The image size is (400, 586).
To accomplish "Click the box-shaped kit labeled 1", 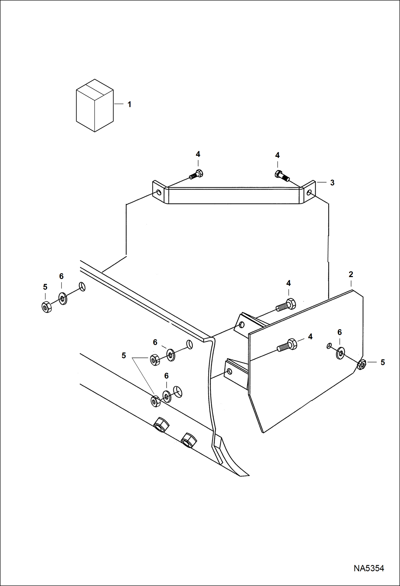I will click(95, 106).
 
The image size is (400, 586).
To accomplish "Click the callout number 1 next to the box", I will click(130, 104).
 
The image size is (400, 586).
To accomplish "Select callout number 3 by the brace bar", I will click(332, 183).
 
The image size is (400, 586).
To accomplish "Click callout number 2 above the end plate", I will click(351, 274).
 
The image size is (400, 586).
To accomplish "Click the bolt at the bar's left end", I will click(197, 174).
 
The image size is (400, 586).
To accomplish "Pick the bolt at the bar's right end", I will click(282, 176).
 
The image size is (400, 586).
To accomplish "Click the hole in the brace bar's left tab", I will click(159, 192).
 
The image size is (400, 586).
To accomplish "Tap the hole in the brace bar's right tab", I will click(309, 192).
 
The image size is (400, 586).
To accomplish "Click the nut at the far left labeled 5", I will click(47, 307).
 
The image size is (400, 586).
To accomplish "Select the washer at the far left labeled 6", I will click(63, 298).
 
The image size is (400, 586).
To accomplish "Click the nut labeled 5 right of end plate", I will click(362, 364).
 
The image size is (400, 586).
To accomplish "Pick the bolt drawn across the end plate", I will click(287, 345).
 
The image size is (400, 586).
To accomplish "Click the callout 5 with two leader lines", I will click(124, 356).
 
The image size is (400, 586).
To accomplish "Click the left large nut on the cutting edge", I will click(161, 424).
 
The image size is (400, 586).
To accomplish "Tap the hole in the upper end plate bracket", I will click(242, 325).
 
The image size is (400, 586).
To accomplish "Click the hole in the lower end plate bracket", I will click(229, 372).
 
